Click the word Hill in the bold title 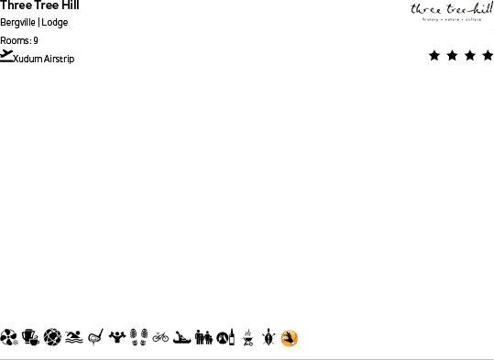[x=71, y=5]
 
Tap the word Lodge [x=55, y=23]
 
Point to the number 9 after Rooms [x=36, y=41]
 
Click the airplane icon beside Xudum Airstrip [x=7, y=57]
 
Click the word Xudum [x=28, y=60]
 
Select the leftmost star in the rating [x=434, y=56]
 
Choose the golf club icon [x=94, y=338]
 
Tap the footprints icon [x=138, y=338]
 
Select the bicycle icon [x=160, y=338]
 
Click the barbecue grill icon [x=247, y=338]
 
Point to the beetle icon [x=268, y=338]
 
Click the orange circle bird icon [x=290, y=339]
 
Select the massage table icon [x=182, y=338]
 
